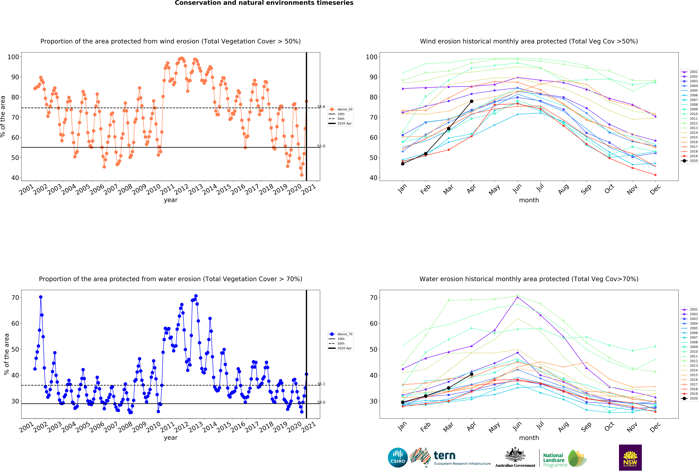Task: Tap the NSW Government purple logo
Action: tap(630, 457)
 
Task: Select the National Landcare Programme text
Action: tap(555, 460)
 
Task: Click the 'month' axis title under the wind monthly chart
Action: tap(529, 200)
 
